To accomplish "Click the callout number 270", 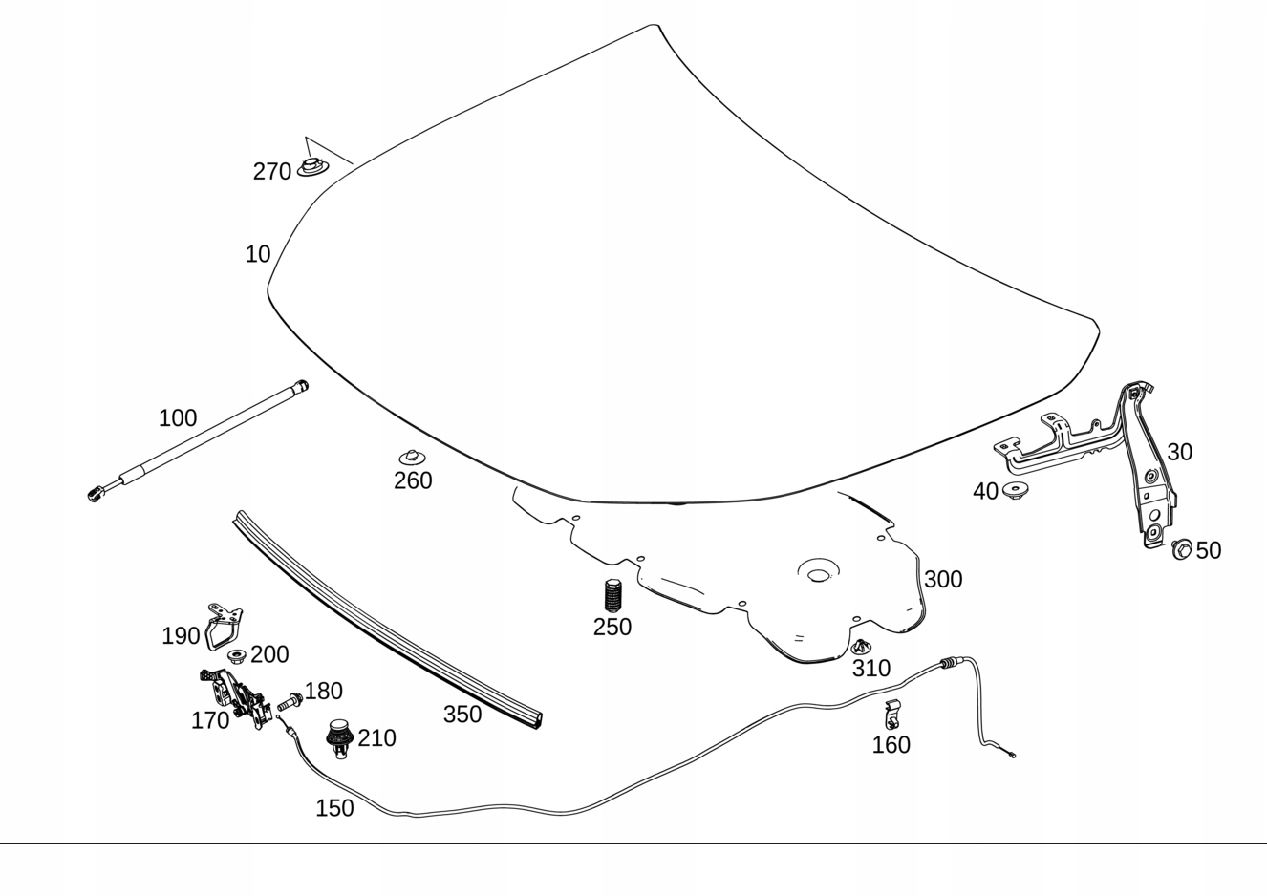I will pos(271,172).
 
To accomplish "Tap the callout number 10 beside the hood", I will pos(258,254).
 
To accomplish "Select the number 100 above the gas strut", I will pos(178,418).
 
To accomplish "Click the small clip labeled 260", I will pos(411,458).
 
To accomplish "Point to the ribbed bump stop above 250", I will pos(612,596).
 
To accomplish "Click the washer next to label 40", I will pos(1015,490).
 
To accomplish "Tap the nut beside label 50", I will pos(1182,549).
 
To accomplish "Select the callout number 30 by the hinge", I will pos(1179,452).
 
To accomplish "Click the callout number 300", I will pos(943,580).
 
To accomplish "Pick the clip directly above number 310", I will pos(861,648).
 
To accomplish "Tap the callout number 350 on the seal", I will pos(462,715).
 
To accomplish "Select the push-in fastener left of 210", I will pos(338,736).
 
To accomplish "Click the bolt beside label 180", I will pos(290,702).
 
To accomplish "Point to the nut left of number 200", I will pos(236,656).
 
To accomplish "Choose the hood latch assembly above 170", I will pos(235,693).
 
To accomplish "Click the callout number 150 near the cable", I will pos(334,808).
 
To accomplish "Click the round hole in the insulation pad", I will pos(819,575).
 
